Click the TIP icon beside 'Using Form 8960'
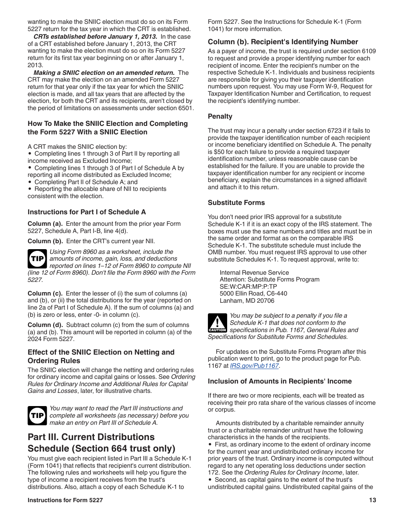(x=37, y=259)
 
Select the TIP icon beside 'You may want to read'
(x=37, y=415)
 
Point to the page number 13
(x=373, y=500)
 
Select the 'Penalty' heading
(x=220, y=117)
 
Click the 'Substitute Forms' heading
(x=236, y=203)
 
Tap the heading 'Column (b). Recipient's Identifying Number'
(x=283, y=42)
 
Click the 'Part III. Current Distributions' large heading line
(x=91, y=437)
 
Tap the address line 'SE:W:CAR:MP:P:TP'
(x=248, y=287)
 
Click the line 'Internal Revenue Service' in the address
(x=254, y=273)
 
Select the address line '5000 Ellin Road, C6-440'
(x=253, y=293)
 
